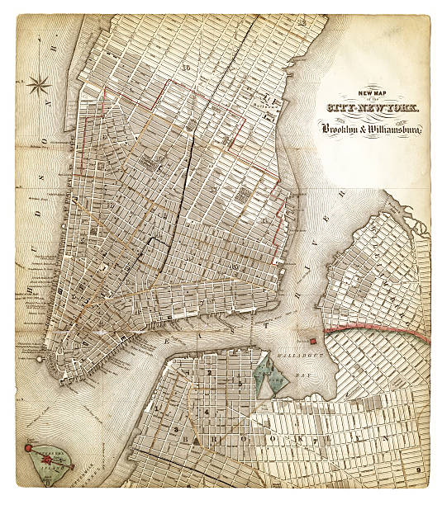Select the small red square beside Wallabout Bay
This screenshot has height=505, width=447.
313,340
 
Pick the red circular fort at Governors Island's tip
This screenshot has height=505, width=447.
27,448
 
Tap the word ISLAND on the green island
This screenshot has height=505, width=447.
55,473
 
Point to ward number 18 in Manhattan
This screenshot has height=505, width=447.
188,68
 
